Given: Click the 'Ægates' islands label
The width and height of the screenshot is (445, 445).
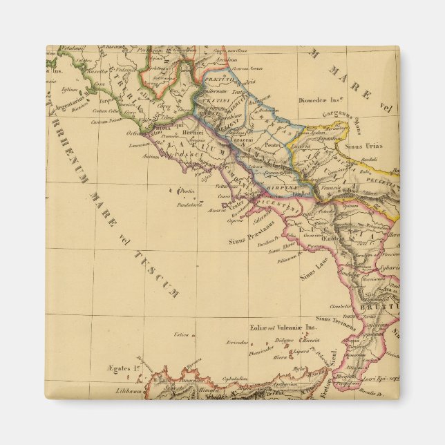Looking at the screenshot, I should click(120, 369).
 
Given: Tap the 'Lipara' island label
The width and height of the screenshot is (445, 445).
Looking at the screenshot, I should click(302, 350).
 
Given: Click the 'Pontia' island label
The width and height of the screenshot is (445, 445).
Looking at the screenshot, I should click(189, 191).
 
